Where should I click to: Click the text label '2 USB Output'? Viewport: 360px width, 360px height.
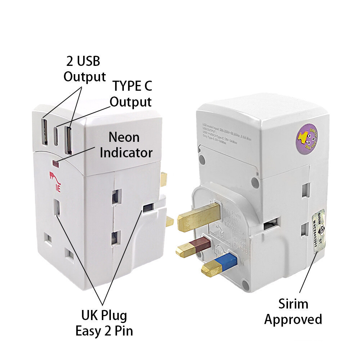(85, 69)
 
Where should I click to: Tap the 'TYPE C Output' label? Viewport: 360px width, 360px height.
(131, 94)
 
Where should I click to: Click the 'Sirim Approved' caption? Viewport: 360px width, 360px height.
(293, 312)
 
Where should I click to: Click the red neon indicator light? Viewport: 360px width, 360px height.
(56, 165)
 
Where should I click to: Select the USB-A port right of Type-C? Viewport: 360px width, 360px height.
(68, 140)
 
